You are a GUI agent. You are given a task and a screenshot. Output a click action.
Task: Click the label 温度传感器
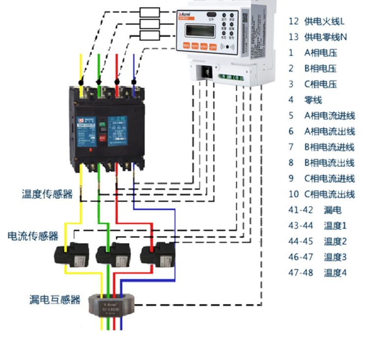[47, 194]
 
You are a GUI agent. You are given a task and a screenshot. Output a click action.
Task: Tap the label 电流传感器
[33, 236]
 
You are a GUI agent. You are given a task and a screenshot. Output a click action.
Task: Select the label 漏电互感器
[55, 299]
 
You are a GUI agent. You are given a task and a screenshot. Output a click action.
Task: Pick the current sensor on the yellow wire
[73, 254]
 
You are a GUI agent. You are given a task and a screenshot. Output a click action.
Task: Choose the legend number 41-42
[301, 210]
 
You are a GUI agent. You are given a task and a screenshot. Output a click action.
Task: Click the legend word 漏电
[333, 210]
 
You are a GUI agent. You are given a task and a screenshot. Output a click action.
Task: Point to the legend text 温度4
[335, 272]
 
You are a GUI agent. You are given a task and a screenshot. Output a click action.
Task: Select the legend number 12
[294, 21]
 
